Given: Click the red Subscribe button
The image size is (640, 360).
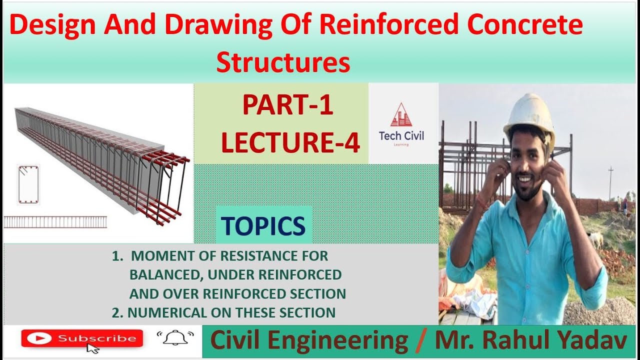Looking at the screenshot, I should point(82,338).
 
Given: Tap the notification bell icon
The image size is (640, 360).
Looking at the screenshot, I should point(175,339).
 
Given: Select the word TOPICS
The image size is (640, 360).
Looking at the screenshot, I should point(263,226).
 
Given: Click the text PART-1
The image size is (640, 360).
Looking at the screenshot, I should point(287,106).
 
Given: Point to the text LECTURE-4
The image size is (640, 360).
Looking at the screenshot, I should point(290,142).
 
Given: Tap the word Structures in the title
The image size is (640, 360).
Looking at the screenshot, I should point(283,63).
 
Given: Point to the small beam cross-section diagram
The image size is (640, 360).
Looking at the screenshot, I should point(28,184).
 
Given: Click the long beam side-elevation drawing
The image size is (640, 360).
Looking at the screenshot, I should point(55,221).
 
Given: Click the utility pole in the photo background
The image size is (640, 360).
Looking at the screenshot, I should point(610,183).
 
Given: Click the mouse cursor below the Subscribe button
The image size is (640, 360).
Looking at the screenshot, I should point(92,348).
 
